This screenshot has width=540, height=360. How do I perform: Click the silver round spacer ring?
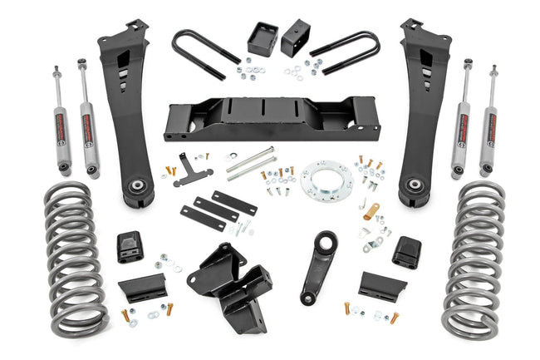326,179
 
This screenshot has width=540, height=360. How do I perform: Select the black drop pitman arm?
319,267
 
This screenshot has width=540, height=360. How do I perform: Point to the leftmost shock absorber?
62,121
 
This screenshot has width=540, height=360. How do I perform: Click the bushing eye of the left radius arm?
137,188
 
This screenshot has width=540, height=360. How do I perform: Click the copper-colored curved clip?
371,211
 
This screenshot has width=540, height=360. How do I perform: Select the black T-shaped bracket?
193,168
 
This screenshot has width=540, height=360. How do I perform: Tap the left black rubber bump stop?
130,246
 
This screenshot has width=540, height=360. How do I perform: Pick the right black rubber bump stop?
406,250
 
